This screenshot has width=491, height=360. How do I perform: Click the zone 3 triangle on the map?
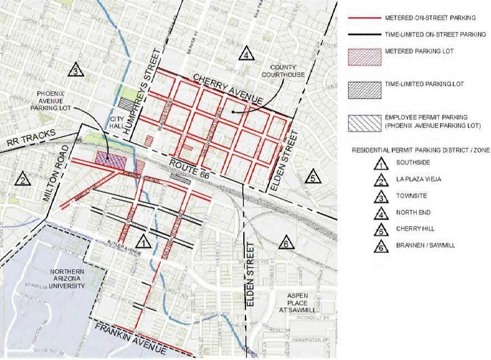(x=76, y=70)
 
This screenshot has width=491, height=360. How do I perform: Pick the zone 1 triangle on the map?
(x=143, y=241)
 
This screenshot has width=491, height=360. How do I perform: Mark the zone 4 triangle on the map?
(x=246, y=54)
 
